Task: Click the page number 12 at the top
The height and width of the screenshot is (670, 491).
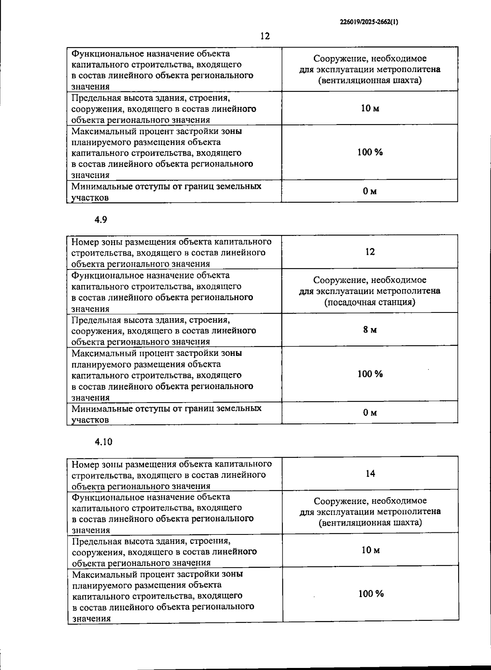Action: click(x=265, y=36)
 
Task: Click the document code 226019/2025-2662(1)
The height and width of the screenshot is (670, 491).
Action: click(x=369, y=23)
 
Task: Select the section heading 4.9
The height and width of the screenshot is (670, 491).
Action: click(x=101, y=220)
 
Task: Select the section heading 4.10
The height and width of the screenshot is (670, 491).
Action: click(x=103, y=442)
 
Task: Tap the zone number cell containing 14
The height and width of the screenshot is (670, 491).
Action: click(x=370, y=473)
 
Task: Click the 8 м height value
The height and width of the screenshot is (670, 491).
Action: click(x=370, y=330)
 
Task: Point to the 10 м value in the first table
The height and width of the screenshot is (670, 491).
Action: click(x=370, y=108)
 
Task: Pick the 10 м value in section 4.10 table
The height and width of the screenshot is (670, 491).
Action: click(x=370, y=550)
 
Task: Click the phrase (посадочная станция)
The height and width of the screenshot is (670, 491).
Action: click(x=370, y=302)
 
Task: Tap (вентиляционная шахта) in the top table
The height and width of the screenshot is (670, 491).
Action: click(x=370, y=80)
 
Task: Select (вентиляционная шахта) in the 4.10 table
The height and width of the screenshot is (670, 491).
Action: click(x=370, y=523)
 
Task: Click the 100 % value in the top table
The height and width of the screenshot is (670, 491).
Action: click(x=370, y=152)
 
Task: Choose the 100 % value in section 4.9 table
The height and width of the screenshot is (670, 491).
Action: click(x=370, y=374)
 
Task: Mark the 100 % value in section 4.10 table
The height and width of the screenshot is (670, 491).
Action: click(x=371, y=594)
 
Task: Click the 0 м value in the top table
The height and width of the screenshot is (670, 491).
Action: click(x=370, y=191)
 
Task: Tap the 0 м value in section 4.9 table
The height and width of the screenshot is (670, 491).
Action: click(x=370, y=413)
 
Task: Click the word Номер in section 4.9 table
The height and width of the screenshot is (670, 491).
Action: click(x=84, y=242)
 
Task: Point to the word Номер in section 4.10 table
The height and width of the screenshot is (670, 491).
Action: click(x=85, y=464)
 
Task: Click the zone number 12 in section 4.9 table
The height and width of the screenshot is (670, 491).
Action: click(x=370, y=252)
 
